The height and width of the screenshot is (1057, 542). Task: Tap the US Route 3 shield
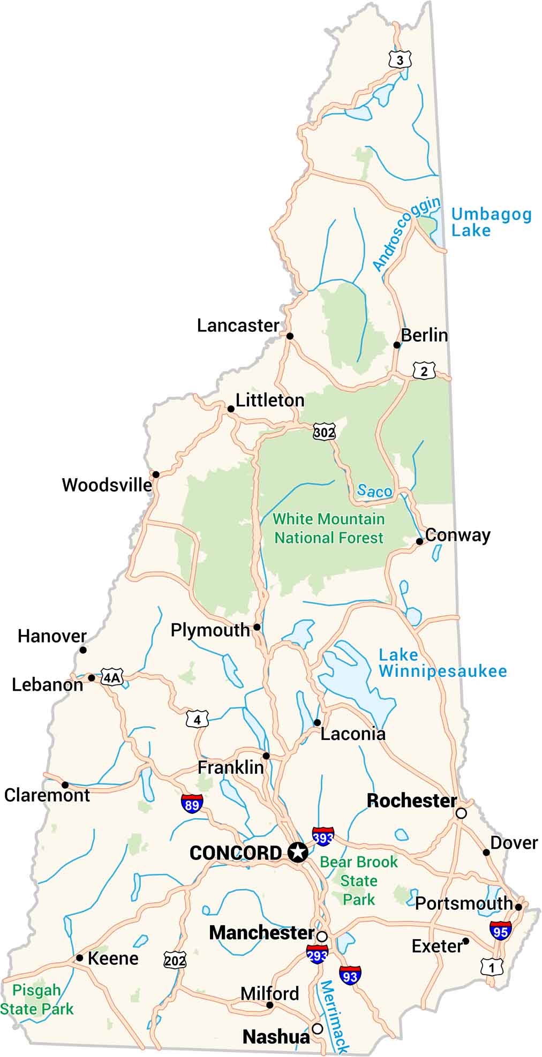tap(400, 60)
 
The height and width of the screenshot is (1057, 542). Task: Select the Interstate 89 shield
tap(192, 804)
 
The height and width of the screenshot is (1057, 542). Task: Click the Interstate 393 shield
tap(323, 836)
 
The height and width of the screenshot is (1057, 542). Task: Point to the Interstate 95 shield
tap(500, 931)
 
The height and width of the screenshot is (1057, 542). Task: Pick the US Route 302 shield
tap(324, 432)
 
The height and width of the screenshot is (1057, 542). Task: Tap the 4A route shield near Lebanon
tap(112, 678)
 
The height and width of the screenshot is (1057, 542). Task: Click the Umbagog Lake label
tap(491, 222)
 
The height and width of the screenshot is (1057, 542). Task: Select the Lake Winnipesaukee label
tap(442, 663)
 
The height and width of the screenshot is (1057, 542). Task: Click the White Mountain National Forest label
tap(329, 528)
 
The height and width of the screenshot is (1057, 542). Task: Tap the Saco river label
tap(374, 490)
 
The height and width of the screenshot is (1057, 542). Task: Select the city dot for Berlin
tap(397, 345)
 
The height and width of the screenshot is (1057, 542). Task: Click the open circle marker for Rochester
tap(461, 813)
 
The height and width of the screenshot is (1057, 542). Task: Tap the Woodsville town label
tap(107, 485)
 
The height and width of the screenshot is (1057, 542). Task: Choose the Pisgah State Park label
tap(36, 1000)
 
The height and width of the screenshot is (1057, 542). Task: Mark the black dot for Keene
tap(79, 958)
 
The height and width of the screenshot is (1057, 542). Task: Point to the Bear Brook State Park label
tap(359, 880)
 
